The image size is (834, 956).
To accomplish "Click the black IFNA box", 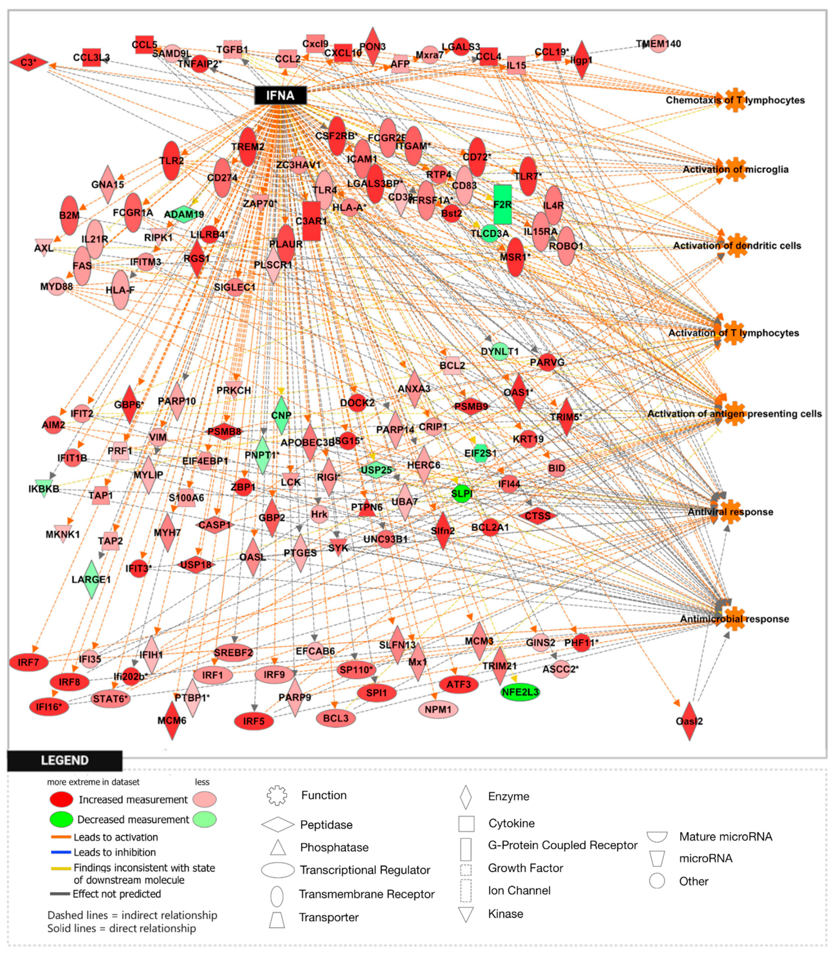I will [280, 95].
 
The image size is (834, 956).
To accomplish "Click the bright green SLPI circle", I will [461, 493].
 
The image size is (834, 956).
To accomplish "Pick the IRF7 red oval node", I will [29, 662].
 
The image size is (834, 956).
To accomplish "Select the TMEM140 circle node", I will [659, 44].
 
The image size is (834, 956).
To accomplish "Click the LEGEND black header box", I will [65, 760].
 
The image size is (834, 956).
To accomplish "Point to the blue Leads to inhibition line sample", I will [61, 852].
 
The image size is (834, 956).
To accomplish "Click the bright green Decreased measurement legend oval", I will [61, 819].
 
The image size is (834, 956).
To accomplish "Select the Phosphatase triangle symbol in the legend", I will [278, 848].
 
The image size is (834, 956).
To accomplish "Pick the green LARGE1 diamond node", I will [92, 579].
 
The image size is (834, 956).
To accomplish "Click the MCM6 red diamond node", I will [172, 720].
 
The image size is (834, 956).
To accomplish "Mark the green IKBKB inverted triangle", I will [43, 489].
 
